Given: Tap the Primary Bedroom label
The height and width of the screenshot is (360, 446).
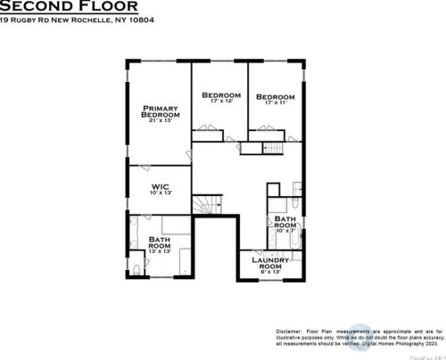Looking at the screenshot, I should pos(160,110).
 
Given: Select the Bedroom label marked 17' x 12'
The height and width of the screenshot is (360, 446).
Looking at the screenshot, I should pos(220,95).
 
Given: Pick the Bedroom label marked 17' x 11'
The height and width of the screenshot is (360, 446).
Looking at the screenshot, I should pos(275,98).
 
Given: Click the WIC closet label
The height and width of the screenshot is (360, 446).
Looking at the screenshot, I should pos(160,187).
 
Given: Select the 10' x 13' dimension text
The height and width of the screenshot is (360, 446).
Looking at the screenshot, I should pos(160,193).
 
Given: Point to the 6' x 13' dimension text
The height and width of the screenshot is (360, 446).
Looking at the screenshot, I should pos(269,273).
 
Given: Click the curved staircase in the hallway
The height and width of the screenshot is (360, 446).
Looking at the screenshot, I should pos(207,205).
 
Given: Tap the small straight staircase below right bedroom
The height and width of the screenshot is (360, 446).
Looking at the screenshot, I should pos(280,148).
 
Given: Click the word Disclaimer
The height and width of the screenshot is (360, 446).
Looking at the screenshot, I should pos(290,329).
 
